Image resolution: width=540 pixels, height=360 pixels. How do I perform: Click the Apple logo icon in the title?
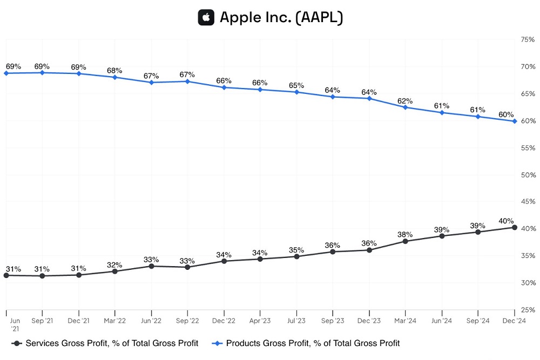(206, 17)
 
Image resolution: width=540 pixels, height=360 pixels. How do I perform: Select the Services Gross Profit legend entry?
(105, 343)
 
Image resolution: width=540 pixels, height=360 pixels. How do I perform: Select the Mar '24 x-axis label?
(405, 321)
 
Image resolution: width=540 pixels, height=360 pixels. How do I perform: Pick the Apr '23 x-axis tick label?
(260, 321)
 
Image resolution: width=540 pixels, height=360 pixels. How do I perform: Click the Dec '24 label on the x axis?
(515, 321)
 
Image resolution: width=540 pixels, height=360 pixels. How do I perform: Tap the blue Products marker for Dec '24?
(515, 121)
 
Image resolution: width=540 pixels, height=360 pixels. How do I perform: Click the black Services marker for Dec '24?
(515, 227)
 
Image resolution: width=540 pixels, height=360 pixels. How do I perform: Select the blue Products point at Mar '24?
(406, 107)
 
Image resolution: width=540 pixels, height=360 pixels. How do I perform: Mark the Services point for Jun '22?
(151, 266)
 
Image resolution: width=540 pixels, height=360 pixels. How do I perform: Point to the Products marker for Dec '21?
(79, 73)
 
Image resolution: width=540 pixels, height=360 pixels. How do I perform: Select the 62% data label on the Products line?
(405, 101)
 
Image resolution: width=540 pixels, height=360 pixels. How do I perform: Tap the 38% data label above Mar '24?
(405, 235)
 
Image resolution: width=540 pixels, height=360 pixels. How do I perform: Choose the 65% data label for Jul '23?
(296, 85)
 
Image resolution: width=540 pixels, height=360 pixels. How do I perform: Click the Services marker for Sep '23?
(333, 252)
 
